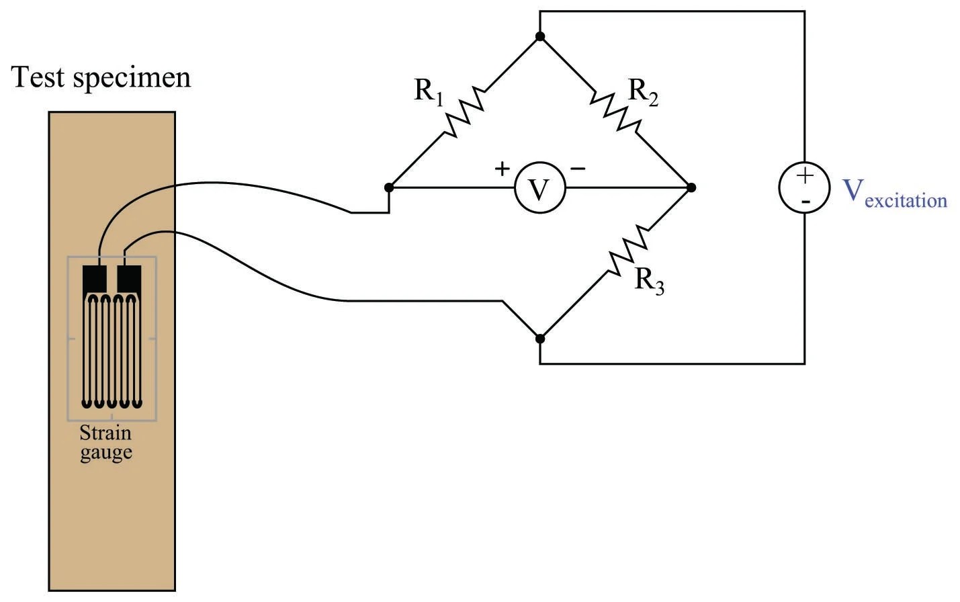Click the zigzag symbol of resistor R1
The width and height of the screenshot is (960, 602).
point(464,112)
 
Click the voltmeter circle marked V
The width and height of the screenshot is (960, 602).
point(539,189)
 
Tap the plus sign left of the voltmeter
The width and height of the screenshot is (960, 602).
point(502,168)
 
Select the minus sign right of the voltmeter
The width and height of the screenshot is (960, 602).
point(578,168)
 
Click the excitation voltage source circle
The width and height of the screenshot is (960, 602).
point(804,189)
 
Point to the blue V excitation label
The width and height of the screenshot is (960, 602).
point(894,193)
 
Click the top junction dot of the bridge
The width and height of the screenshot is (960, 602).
point(539,37)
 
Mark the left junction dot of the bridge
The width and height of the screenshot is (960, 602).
point(388,187)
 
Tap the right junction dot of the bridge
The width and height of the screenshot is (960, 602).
point(691,187)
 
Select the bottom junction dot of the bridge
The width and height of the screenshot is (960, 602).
point(539,339)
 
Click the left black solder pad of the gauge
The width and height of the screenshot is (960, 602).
point(94,278)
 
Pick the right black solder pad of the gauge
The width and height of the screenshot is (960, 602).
point(129,278)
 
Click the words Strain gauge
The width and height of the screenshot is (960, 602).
point(105,443)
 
